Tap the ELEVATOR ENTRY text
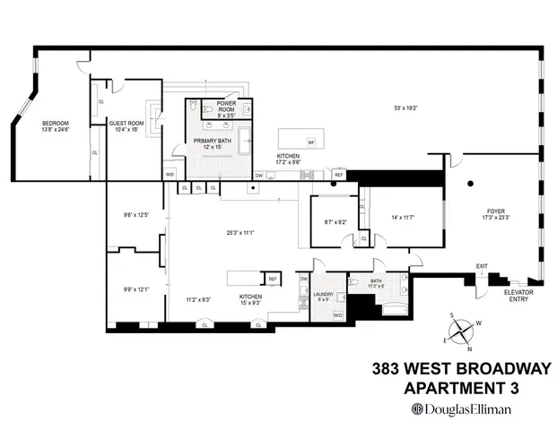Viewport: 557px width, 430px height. tap(518, 296)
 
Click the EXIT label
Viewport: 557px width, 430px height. tap(482, 266)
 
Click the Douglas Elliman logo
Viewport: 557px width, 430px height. tap(460, 408)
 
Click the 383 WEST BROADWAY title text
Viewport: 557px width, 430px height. tap(459, 369)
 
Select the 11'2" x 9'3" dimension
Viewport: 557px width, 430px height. tap(192, 299)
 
